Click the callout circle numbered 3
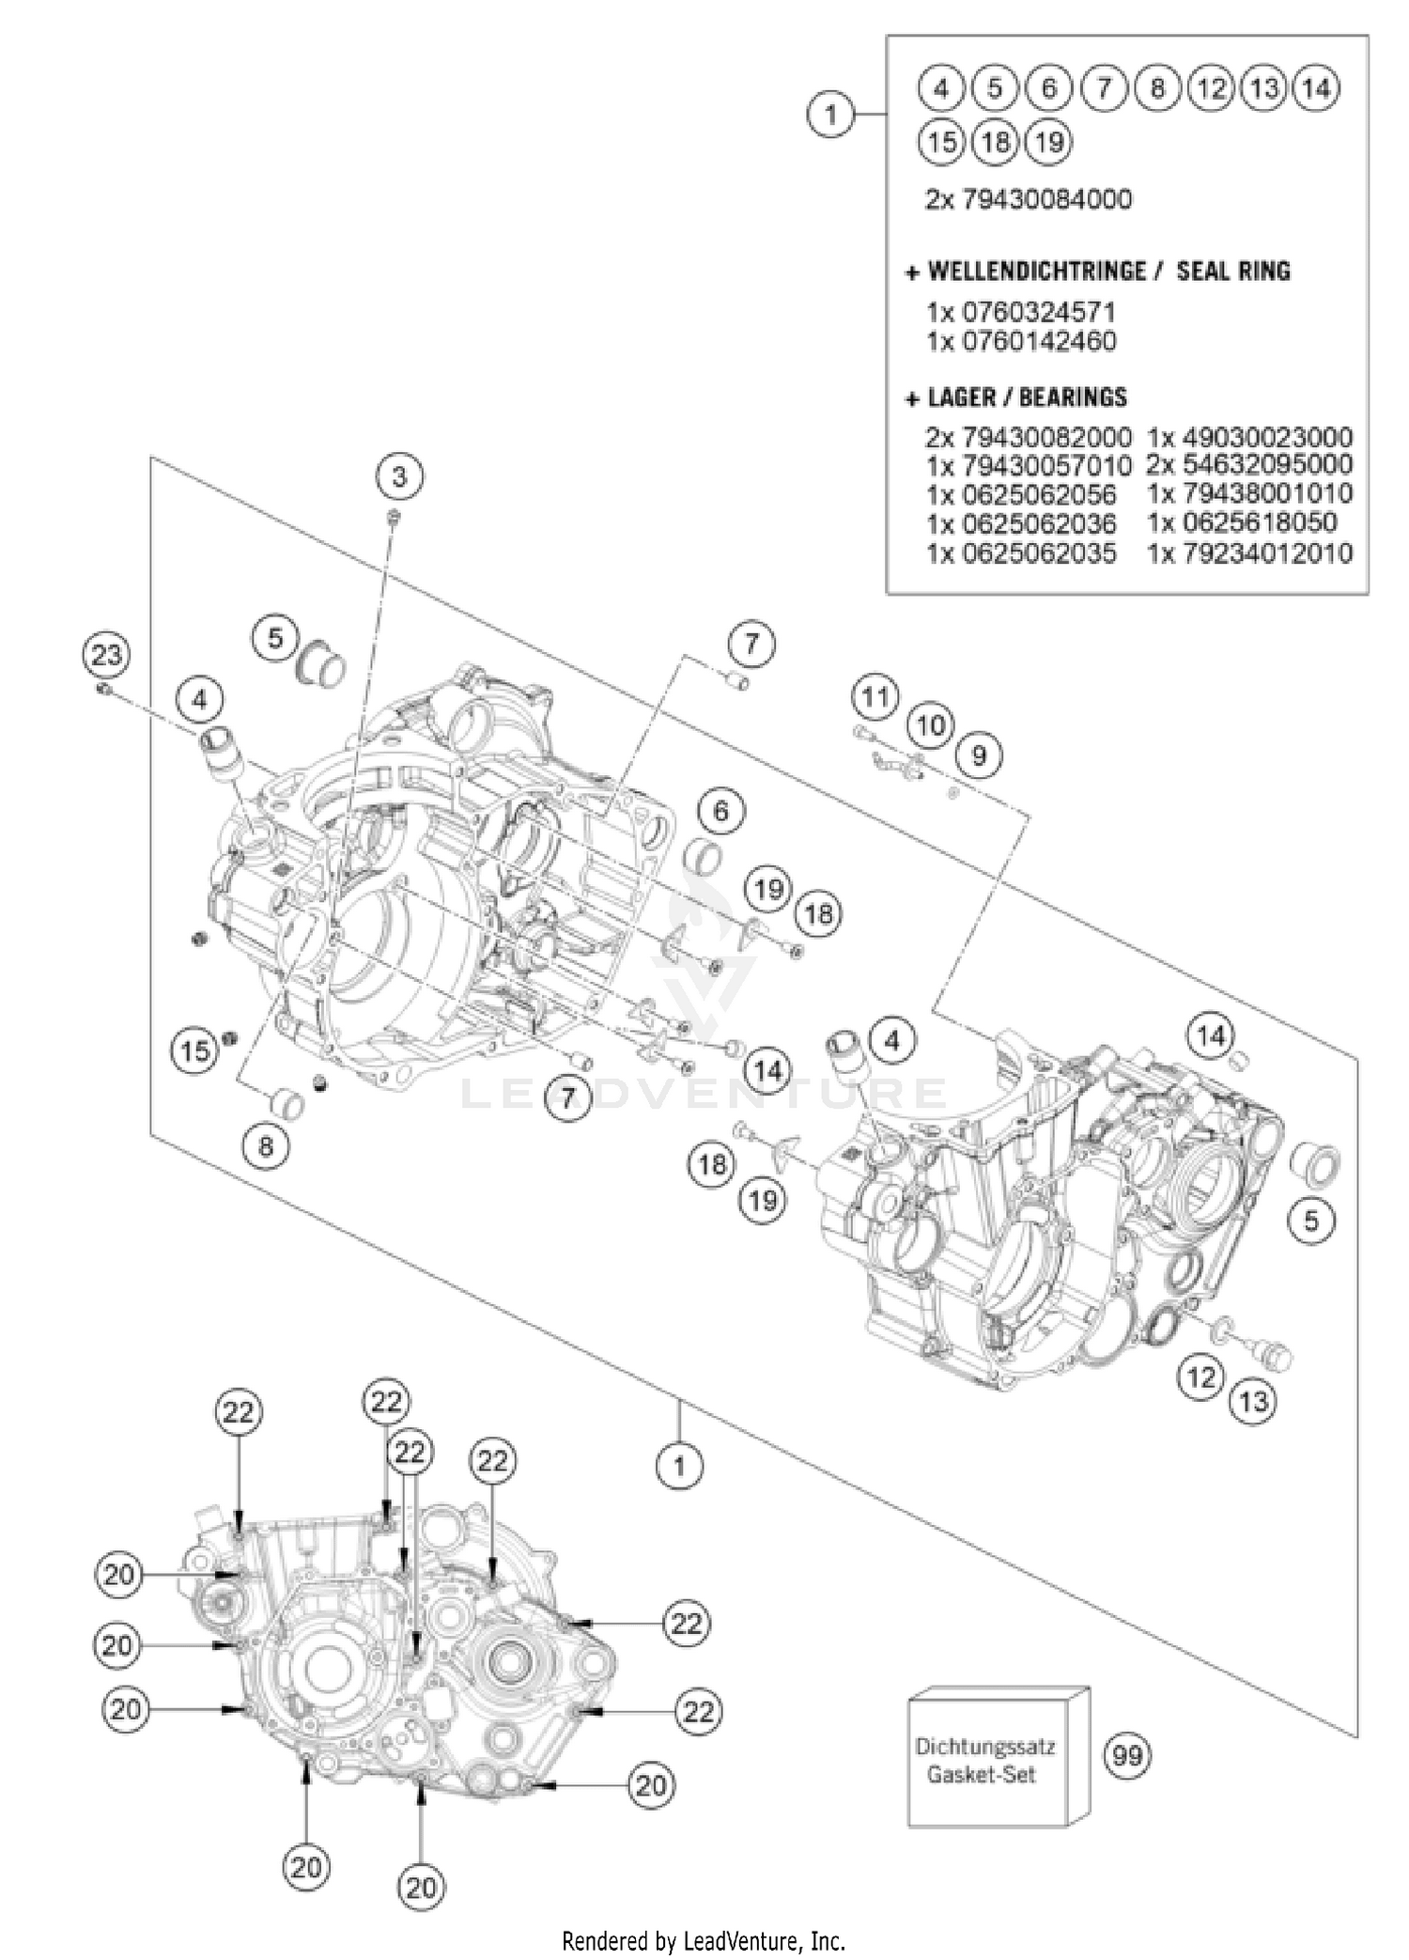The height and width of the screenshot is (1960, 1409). point(400,477)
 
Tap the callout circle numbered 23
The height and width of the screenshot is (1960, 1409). point(106,654)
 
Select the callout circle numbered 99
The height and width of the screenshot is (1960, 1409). point(1126,1754)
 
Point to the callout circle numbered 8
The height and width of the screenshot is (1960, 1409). point(266,1147)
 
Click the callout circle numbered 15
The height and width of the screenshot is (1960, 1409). point(195,1050)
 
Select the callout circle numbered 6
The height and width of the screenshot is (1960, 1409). point(720,811)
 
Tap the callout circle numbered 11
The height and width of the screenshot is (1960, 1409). point(875,697)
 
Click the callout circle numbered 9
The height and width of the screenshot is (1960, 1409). point(979,755)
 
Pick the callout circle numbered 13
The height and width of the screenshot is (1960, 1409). point(1253,1403)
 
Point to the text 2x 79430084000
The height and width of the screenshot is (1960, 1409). point(1029,199)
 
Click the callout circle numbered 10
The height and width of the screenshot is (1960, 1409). point(930,725)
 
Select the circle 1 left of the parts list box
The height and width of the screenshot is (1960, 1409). point(830,116)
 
